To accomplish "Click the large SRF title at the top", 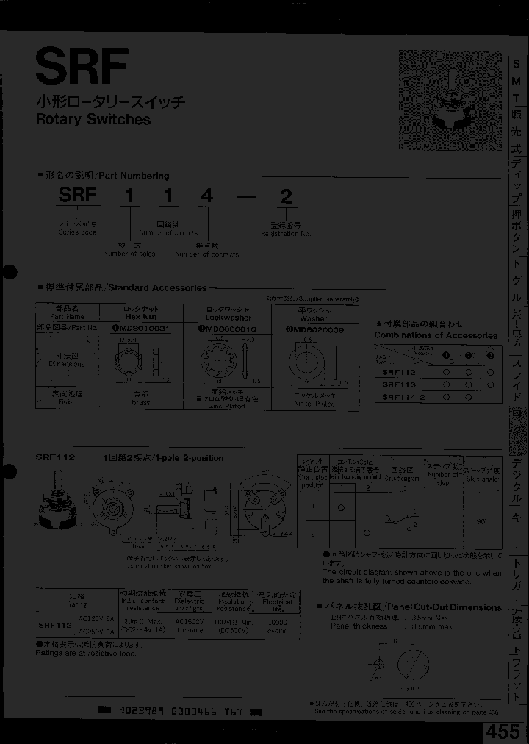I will click(x=82, y=68).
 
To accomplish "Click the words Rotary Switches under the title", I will click(x=93, y=119).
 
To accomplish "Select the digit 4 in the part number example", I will click(x=207, y=196).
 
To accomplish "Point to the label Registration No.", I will click(x=286, y=232).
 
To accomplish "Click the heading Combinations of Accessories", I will click(x=435, y=335).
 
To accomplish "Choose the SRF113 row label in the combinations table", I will click(x=399, y=384).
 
